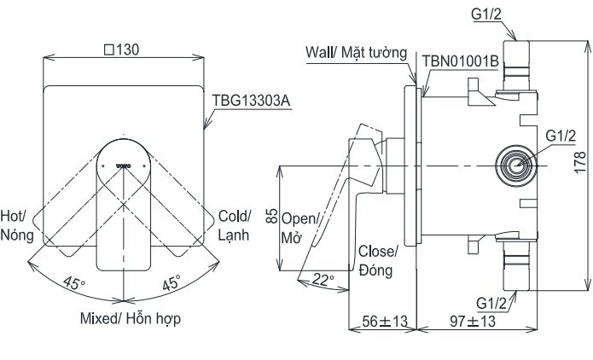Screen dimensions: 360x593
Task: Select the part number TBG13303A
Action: pyautogui.click(x=252, y=100)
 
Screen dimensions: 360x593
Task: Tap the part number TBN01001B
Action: pyautogui.click(x=460, y=62)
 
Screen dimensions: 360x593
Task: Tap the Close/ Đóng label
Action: pyautogui.click(x=378, y=260)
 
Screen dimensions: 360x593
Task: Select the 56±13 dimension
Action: pyautogui.click(x=381, y=322)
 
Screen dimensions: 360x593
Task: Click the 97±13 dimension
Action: pyautogui.click(x=473, y=322)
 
